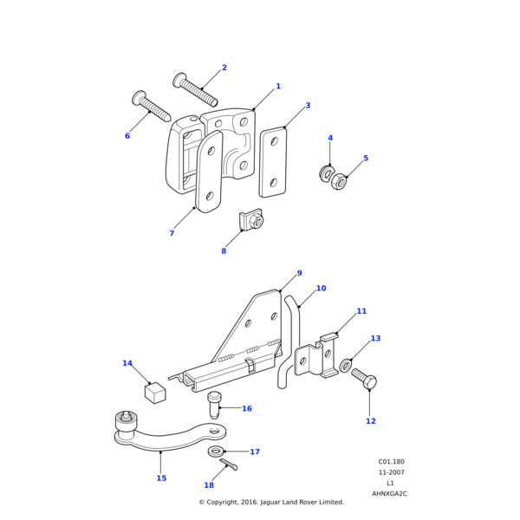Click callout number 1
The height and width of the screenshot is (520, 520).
click(278, 87)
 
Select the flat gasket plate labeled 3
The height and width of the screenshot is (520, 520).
click(273, 162)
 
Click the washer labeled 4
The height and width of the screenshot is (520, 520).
click(327, 174)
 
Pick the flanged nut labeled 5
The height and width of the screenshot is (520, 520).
click(340, 182)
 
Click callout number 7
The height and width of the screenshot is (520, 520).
click(172, 233)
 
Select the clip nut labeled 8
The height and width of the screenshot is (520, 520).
click(251, 222)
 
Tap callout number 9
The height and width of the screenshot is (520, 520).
click(300, 273)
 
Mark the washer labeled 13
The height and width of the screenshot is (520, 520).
click(346, 366)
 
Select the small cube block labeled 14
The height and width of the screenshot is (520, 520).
click(155, 393)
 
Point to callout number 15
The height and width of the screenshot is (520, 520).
click(161, 478)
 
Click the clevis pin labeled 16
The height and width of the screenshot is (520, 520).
click(215, 405)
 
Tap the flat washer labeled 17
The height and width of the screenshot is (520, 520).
click(215, 452)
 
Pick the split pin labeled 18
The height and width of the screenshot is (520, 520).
click(229, 465)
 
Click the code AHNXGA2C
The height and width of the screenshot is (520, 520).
click(390, 493)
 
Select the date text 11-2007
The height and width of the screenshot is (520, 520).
click(390, 472)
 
